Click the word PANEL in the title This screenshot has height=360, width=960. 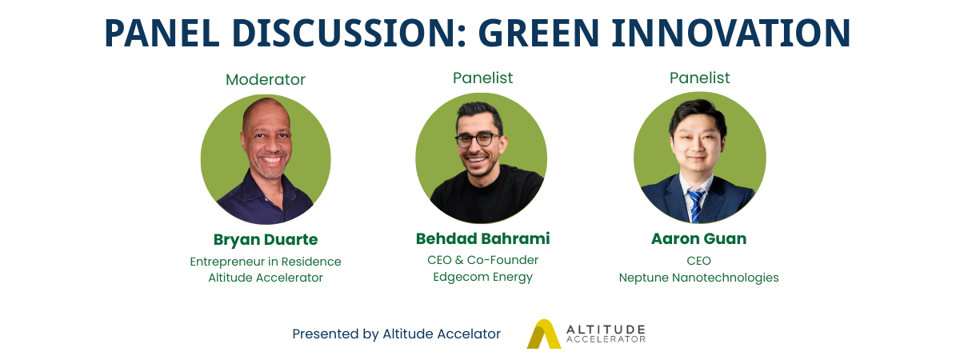162,33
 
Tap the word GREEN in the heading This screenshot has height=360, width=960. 538,33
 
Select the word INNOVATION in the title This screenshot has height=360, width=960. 731,33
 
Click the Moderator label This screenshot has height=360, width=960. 266,80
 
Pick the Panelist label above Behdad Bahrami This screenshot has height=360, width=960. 482,78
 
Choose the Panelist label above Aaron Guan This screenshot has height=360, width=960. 699,78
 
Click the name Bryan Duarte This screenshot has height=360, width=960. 266,239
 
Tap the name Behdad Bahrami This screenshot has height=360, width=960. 482,238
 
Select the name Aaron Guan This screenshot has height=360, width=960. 698,238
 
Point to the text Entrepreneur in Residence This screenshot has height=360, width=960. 266,262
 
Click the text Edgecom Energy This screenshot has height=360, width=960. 482,278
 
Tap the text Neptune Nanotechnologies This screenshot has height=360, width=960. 698,278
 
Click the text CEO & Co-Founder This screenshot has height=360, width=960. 482,260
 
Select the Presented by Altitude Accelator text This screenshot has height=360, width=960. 397,334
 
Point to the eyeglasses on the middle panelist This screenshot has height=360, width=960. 478,140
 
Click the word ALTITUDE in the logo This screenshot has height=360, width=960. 606,330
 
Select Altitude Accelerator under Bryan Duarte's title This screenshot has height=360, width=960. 266,278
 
